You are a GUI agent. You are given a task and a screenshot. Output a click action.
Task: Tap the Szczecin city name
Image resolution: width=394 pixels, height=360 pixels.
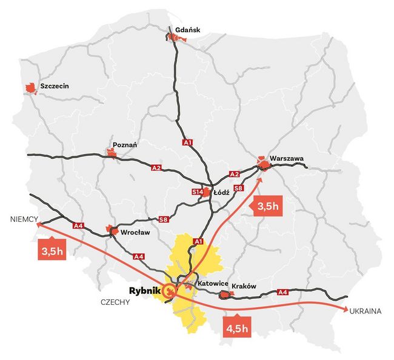[x=54, y=86]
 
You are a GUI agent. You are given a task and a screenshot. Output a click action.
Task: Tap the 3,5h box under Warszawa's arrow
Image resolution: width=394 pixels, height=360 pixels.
[x=267, y=207]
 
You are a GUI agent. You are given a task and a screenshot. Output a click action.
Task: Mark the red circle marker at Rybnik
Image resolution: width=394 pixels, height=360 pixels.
[x=171, y=292]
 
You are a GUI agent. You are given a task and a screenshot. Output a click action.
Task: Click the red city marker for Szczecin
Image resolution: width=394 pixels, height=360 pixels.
[x=29, y=88]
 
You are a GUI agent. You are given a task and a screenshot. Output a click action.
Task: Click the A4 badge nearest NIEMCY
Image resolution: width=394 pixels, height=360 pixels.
[x=78, y=226]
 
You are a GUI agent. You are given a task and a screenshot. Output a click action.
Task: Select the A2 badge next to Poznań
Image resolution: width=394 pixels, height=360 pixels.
[x=156, y=167]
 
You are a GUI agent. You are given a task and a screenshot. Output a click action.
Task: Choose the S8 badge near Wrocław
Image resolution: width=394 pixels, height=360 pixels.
[x=162, y=219]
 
